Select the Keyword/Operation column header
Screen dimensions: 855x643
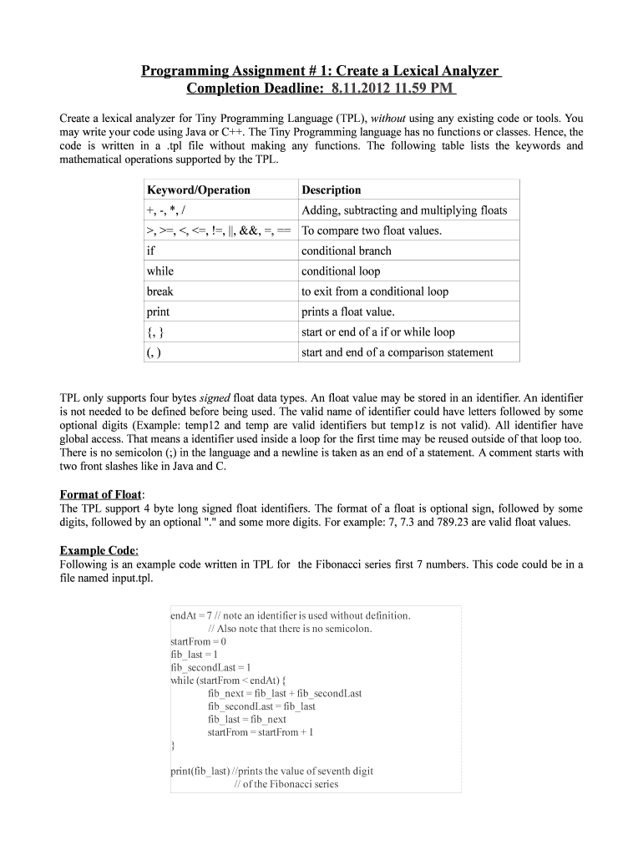click(x=198, y=190)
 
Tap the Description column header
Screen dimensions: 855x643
click(x=332, y=190)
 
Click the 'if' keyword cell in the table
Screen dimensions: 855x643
click(x=151, y=250)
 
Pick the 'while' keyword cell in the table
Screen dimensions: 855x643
click(x=160, y=271)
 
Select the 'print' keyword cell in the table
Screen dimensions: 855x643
click(x=158, y=311)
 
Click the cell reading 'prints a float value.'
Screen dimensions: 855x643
click(x=347, y=311)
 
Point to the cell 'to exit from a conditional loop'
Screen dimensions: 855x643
click(x=375, y=291)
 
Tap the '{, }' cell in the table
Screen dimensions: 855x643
click(x=154, y=331)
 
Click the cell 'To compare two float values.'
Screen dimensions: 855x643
click(x=372, y=230)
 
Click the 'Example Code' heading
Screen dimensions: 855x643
click(x=99, y=549)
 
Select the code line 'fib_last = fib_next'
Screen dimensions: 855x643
click(x=246, y=719)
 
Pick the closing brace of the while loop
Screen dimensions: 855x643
click(x=172, y=745)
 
